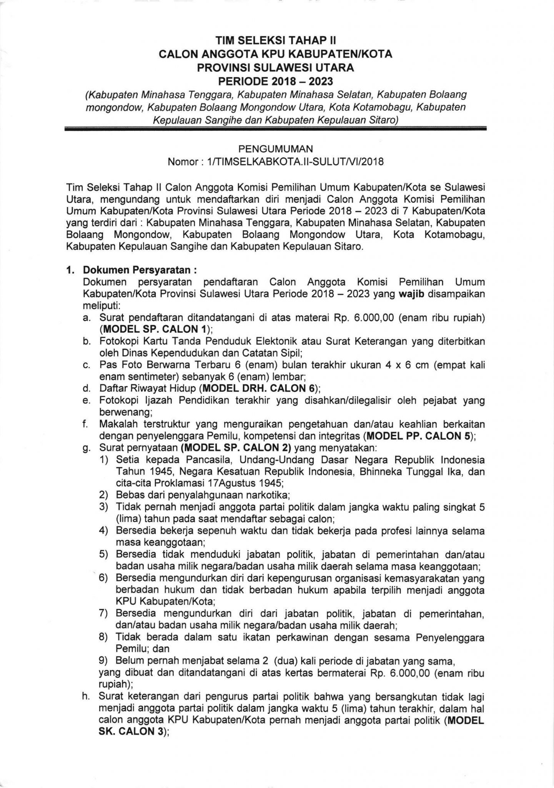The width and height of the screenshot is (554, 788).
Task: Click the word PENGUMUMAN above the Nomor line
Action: [x=276, y=149]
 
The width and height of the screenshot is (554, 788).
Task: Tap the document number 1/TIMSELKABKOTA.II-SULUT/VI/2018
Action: [x=295, y=162]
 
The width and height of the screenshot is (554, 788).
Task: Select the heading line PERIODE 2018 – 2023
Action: [x=276, y=81]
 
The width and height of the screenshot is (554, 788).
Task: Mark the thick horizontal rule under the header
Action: [x=276, y=131]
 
